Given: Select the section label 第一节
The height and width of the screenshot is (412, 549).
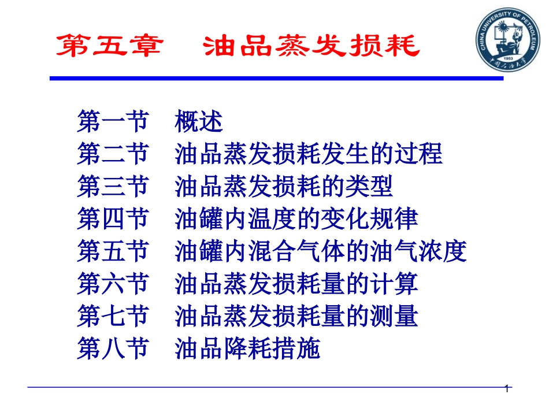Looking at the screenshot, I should (x=113, y=123).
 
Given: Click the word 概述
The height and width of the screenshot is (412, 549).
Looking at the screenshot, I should (x=198, y=123).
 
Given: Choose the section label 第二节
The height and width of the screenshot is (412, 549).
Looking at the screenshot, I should (x=113, y=155).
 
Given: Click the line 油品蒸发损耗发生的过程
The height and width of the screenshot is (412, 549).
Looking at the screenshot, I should (x=309, y=155).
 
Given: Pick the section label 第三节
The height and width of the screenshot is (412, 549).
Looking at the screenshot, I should (x=113, y=187).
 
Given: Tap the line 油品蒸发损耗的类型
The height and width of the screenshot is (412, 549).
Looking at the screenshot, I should (x=284, y=187).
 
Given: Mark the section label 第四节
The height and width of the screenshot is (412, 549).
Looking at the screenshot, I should (x=113, y=220).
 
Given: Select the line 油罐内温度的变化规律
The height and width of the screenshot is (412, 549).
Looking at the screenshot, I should (x=296, y=220).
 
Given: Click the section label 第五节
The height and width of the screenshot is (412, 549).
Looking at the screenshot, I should (x=113, y=252).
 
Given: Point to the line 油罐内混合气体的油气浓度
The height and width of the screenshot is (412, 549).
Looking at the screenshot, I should (x=320, y=252).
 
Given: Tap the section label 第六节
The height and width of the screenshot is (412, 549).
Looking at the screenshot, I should (x=113, y=284).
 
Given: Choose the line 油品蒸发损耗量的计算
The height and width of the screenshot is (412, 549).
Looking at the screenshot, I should (x=296, y=284).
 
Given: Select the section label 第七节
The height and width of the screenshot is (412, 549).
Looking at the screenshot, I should (x=113, y=317).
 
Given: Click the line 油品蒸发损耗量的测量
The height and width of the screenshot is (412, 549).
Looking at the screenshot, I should (x=296, y=317).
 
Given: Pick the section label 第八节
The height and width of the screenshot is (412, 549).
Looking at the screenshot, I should (x=113, y=349).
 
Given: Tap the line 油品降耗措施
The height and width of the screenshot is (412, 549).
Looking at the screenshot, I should (x=247, y=349).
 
